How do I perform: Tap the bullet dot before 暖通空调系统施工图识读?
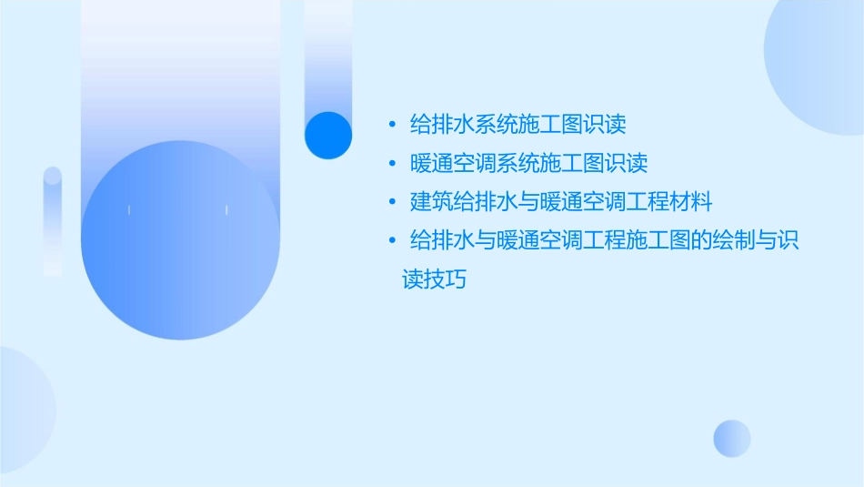tap(391, 164)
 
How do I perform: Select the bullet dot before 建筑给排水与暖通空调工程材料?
tap(391, 201)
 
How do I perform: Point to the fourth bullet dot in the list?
tap(391, 240)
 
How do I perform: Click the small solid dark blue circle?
tap(328, 135)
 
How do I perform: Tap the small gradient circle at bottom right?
tap(732, 438)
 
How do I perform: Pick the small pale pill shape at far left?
tap(53, 221)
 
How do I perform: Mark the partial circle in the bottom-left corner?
tap(23, 410)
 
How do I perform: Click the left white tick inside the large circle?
tap(129, 210)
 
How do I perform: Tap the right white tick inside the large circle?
tap(226, 210)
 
